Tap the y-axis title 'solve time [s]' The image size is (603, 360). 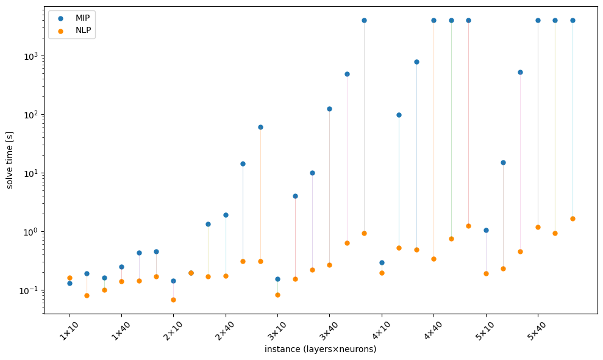coord(10,160)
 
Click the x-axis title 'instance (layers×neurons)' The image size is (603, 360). coord(320,349)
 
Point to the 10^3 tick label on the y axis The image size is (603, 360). coord(29,56)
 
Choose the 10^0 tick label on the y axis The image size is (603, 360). coord(29,232)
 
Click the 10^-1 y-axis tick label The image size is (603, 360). coord(29,290)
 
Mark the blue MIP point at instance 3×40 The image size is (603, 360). coord(329,109)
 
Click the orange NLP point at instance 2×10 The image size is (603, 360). coord(173,300)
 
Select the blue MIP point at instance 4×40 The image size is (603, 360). coord(434,20)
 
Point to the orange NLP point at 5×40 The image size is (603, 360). coord(538,227)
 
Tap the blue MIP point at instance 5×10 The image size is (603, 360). coord(486,230)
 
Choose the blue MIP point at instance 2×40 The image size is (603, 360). coord(226,215)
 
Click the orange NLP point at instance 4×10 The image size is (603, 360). coord(382,273)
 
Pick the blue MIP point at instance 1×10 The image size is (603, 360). coord(70,283)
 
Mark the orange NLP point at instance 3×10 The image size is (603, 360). coord(277,295)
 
